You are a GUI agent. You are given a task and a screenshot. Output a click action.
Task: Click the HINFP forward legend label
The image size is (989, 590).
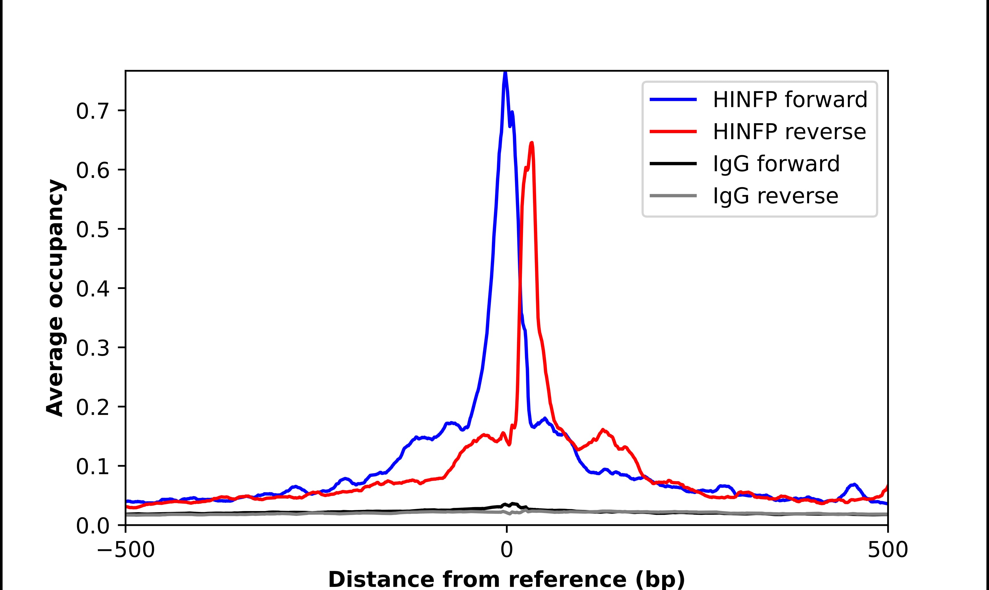[790, 99]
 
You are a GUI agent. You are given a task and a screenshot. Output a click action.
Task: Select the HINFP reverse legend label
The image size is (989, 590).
[789, 132]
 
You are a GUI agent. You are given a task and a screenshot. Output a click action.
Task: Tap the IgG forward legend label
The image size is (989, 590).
[776, 164]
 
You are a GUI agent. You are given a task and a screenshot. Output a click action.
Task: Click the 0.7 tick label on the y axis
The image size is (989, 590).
[92, 111]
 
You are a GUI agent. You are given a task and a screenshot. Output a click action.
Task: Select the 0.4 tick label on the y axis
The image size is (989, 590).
[92, 289]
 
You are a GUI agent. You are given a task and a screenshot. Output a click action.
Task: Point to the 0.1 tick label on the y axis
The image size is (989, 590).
[92, 467]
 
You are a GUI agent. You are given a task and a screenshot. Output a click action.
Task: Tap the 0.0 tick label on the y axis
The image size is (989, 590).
[92, 526]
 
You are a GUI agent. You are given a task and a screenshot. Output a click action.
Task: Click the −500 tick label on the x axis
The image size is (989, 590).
[126, 551]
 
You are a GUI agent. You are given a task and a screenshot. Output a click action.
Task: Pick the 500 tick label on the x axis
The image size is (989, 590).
[887, 551]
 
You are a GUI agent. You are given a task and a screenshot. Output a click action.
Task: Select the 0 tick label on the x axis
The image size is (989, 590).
[506, 551]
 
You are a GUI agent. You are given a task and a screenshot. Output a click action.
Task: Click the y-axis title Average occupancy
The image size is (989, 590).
[55, 298]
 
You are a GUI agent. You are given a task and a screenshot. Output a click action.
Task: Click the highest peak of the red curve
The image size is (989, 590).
[532, 143]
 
